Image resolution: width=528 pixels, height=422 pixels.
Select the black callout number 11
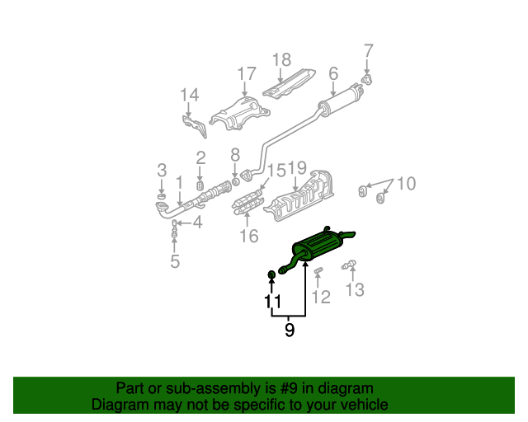point(273,302)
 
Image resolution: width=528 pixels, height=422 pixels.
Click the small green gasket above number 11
point(271,275)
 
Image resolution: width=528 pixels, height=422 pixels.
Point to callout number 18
point(281,60)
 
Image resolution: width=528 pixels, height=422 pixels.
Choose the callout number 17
point(247,73)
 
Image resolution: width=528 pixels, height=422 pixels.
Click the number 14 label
point(190,95)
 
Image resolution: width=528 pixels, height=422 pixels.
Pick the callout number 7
point(369,51)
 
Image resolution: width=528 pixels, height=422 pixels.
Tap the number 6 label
point(333,73)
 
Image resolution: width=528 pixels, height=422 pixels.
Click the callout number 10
point(407,184)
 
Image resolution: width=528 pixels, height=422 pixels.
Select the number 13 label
point(355,290)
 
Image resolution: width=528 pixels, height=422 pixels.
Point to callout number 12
point(321,298)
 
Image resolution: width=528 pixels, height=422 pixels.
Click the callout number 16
point(249,236)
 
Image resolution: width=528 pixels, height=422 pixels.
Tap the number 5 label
point(175,261)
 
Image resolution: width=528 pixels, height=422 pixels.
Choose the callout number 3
point(162,171)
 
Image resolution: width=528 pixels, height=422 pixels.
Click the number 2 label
point(200,157)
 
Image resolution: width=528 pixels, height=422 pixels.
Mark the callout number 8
point(235,155)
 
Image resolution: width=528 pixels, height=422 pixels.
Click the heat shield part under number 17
point(240,114)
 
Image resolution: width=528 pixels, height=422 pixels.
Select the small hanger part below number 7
point(366,80)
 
